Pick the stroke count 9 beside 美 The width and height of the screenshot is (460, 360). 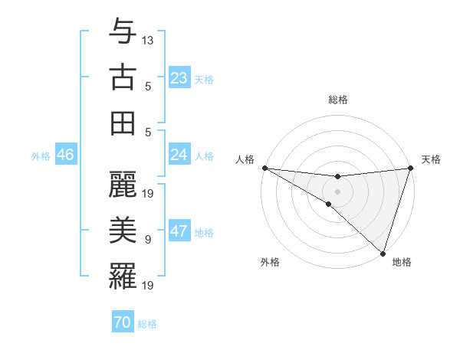pyautogui.click(x=148, y=240)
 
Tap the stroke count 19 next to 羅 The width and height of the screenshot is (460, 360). pyautogui.click(x=148, y=285)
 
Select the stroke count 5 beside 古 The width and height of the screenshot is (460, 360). pyautogui.click(x=148, y=87)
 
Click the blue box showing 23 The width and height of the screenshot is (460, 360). pyautogui.click(x=179, y=77)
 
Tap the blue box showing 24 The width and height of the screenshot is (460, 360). pyautogui.click(x=179, y=155)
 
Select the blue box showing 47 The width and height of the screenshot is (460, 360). pyautogui.click(x=179, y=231)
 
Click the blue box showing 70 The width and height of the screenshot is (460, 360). pyautogui.click(x=123, y=322)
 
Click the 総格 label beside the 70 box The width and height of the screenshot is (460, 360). pyautogui.click(x=147, y=324)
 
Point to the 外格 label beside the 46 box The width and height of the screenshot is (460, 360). pyautogui.click(x=41, y=156)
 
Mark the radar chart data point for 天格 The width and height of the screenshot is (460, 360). pyautogui.click(x=410, y=168)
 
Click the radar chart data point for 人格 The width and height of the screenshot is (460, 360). pyautogui.click(x=264, y=168)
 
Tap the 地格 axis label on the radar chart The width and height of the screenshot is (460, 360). pyautogui.click(x=402, y=262)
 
